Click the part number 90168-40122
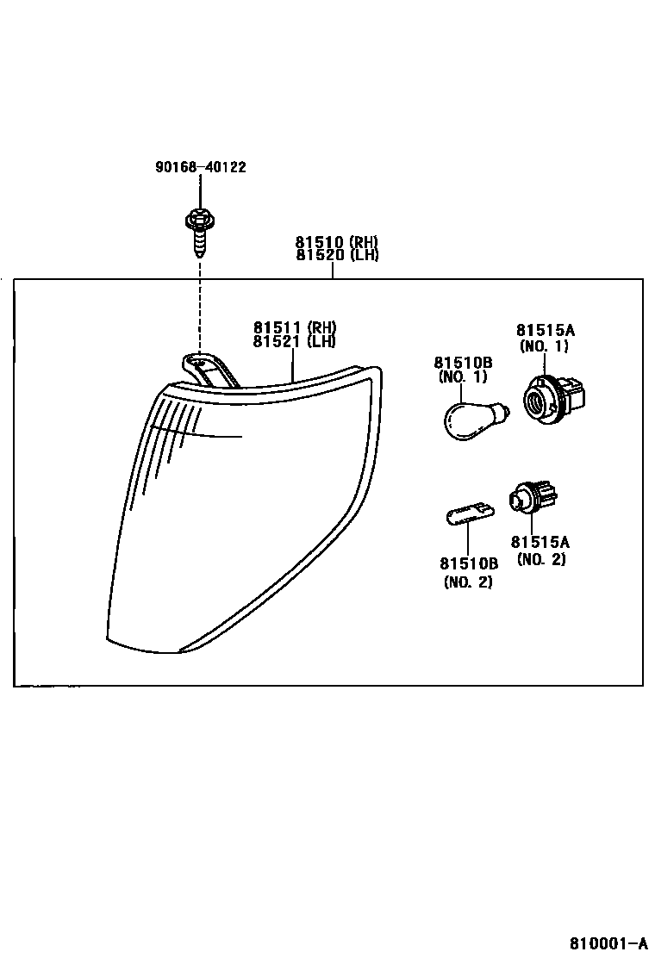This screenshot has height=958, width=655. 200,167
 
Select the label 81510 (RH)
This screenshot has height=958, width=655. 337,242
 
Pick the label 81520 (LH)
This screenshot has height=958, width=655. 337,255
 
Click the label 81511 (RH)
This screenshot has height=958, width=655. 294,327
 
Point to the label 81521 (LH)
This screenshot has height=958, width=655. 294,341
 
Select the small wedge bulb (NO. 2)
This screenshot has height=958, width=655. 466,519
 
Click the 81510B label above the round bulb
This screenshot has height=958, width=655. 463,363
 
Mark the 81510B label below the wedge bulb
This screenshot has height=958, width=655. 469,563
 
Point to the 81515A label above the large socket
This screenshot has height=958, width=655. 545,330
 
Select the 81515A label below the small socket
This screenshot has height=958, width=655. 540,542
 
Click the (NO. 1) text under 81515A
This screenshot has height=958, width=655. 544,346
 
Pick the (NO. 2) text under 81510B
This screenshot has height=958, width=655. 469,582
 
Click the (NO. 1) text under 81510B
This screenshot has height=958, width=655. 463,377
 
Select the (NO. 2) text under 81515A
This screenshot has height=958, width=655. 540,560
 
